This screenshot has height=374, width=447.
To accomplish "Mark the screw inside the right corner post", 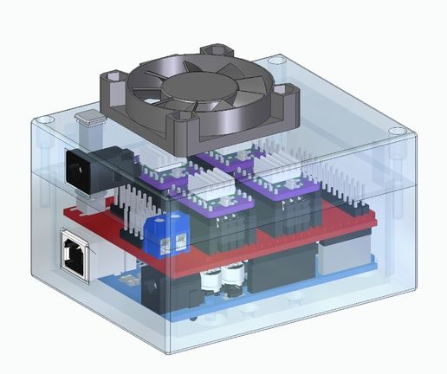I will pos(396,182).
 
